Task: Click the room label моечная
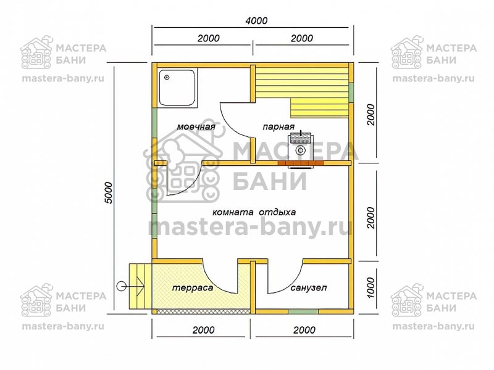point(196,127)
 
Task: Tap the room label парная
point(278,127)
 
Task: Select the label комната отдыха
point(254,212)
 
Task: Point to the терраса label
point(193,288)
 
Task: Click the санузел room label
point(308,288)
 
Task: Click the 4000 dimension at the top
point(256,21)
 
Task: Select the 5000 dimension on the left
point(108,192)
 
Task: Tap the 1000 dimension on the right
point(371,287)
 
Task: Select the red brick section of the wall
point(301,163)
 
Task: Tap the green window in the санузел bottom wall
point(303,311)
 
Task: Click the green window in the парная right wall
point(351,92)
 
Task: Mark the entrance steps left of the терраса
point(141,287)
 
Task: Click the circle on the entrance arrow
point(120,286)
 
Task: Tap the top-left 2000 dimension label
point(209,38)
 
